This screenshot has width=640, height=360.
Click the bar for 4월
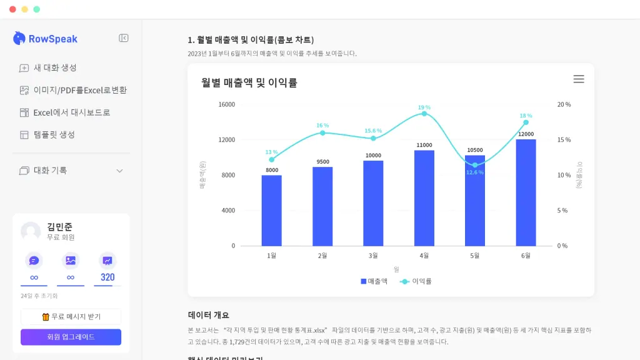pos(424,198)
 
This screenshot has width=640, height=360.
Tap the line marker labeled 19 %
pos(424,114)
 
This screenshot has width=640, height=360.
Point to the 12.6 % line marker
pos(475,165)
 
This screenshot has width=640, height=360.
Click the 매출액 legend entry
pos(374,281)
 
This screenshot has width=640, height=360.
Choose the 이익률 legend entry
pos(416,281)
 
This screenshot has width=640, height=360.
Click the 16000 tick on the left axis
pos(227,104)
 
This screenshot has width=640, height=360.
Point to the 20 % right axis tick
pos(564,104)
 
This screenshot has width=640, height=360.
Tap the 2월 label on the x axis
pos(322,256)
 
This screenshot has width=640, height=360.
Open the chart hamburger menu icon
pos(579,79)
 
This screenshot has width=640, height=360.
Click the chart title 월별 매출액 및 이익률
pos(249,82)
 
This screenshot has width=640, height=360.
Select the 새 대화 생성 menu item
pos(55,67)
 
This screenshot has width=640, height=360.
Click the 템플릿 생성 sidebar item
pos(54,134)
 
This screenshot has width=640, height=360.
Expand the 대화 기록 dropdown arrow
pos(120,171)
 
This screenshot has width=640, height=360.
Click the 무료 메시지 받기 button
pos(71,316)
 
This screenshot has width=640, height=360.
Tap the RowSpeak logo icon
pos(19,38)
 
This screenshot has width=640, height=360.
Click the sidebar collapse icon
pos(124,38)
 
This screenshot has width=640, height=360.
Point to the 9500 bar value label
pos(322,162)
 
